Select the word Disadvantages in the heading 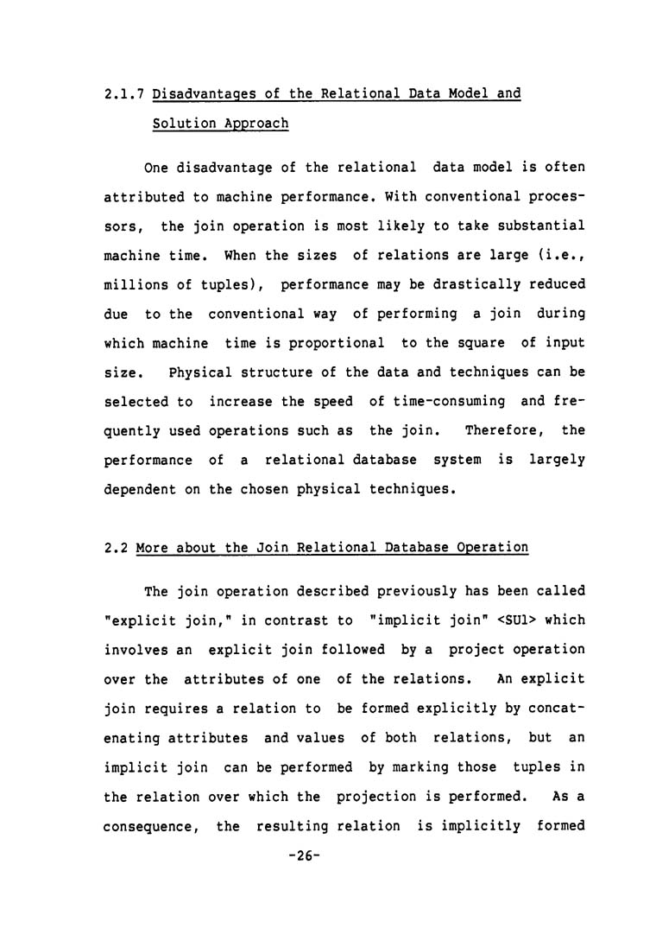tap(206, 93)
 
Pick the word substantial tap(541, 226)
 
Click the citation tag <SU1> tap(464, 620)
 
